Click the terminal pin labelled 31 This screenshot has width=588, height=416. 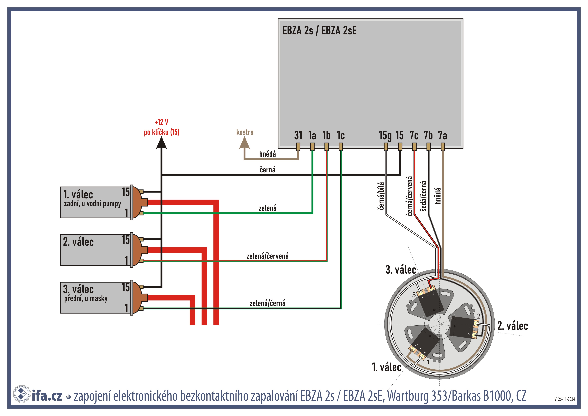click(298, 147)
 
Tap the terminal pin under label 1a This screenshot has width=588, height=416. click(312, 147)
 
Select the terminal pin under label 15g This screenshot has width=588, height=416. click(386, 147)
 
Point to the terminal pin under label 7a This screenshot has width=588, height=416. click(443, 147)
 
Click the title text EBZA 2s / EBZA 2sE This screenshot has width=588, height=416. click(319, 31)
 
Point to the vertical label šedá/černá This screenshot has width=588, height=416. click(424, 196)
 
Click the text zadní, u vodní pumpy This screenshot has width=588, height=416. click(92, 204)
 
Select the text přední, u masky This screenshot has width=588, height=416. click(86, 298)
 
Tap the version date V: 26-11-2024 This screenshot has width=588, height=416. click(565, 399)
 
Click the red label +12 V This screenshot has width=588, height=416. click(162, 122)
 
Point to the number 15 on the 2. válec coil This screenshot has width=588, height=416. click(126, 240)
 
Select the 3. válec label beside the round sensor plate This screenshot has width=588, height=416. click(401, 270)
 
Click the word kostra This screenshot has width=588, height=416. click(245, 132)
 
